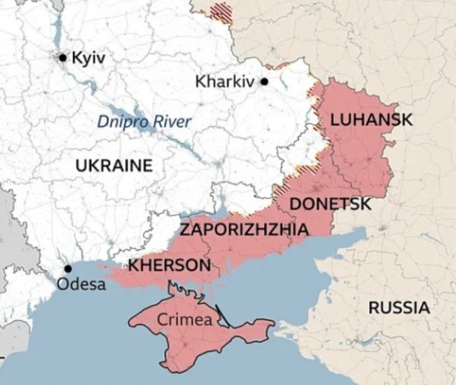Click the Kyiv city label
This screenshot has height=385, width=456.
(89, 57)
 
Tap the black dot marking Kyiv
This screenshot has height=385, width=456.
(62, 58)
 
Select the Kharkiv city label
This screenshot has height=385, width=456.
(225, 82)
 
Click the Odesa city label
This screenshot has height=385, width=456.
(81, 285)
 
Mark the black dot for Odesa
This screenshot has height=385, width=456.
(68, 269)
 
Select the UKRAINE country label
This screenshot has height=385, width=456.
(113, 166)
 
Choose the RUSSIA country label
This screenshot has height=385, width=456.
(399, 308)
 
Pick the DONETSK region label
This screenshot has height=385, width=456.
(330, 203)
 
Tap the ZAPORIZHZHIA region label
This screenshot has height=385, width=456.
(244, 230)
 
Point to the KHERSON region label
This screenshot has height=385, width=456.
(168, 265)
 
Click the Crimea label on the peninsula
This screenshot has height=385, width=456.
(185, 320)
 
